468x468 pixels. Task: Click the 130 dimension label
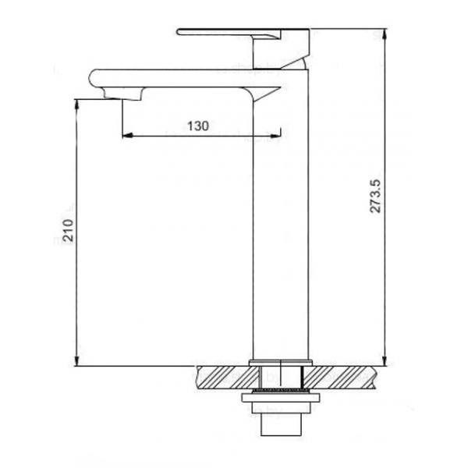click(198, 126)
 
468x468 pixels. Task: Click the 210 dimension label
click(68, 230)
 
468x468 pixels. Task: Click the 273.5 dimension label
click(375, 196)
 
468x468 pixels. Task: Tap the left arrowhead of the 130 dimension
click(127, 136)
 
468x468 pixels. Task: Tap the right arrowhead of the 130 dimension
click(276, 136)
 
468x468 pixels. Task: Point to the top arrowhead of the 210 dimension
click(76, 105)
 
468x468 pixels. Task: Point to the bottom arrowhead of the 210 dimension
click(76, 360)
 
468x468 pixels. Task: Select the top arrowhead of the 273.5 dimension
click(385, 34)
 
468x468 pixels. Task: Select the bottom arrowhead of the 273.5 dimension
click(385, 360)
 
